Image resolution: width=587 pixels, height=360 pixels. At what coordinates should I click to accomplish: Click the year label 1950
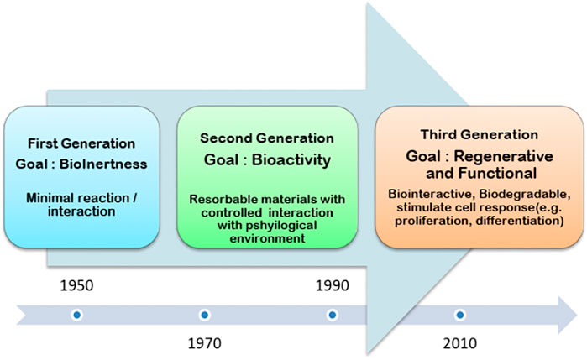[76, 285]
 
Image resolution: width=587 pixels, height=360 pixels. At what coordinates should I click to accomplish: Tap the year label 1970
[204, 343]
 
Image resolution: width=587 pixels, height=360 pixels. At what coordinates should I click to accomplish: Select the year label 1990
[332, 285]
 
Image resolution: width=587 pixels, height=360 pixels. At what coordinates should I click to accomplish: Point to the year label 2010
[459, 343]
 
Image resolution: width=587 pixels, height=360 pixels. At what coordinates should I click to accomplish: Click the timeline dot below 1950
[76, 315]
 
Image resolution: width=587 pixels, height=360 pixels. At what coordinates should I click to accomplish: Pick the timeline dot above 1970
[204, 315]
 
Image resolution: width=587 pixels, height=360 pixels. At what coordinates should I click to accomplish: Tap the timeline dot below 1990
[332, 315]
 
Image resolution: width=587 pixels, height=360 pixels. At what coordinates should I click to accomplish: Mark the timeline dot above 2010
[459, 315]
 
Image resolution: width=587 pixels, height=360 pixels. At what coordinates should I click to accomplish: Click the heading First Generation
[81, 143]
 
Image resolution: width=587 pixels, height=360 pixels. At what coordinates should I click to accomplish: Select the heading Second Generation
[267, 138]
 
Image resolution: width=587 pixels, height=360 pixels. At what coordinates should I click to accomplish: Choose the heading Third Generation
[480, 134]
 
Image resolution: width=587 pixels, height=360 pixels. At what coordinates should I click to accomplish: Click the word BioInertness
[103, 164]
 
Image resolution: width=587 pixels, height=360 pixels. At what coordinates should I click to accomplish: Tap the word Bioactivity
[291, 159]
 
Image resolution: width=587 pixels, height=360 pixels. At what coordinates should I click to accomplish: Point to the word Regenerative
[504, 156]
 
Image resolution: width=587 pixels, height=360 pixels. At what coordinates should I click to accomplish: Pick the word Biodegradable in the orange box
[525, 194]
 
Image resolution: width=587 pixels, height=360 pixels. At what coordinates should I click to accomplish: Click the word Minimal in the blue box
[50, 197]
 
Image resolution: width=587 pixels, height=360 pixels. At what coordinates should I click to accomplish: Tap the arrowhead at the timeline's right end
[567, 315]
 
